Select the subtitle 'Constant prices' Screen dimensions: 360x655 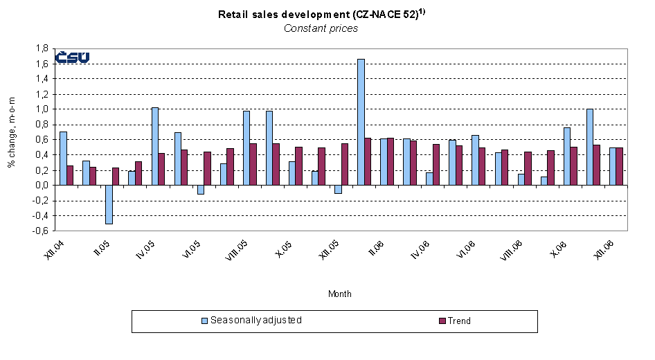click(x=321, y=28)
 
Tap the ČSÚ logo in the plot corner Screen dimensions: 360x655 click(x=72, y=57)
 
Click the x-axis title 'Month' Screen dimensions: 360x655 click(x=339, y=294)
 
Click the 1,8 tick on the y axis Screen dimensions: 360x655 click(x=41, y=48)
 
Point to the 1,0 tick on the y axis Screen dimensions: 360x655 click(x=41, y=109)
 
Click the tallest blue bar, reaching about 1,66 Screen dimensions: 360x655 click(x=361, y=122)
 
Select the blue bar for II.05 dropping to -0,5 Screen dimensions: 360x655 click(x=109, y=204)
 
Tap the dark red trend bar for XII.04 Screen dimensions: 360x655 click(x=71, y=175)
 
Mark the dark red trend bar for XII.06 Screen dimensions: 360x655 click(x=620, y=166)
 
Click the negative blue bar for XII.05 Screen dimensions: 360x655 click(x=338, y=189)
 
